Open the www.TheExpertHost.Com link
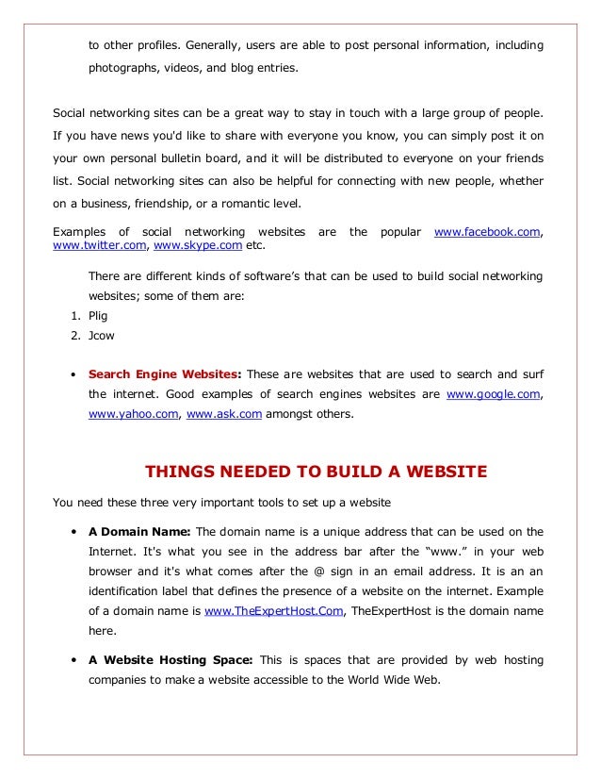[274, 611]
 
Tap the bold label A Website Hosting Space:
[171, 660]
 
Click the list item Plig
[98, 316]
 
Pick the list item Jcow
[102, 335]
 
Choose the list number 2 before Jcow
[74, 335]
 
